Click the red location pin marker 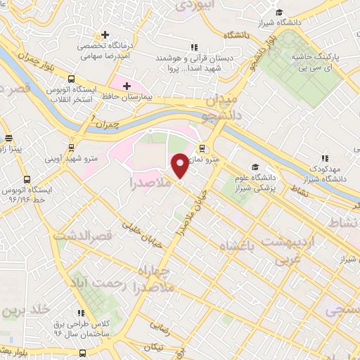181,166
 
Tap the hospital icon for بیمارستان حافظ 127,86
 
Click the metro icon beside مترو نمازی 202,148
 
